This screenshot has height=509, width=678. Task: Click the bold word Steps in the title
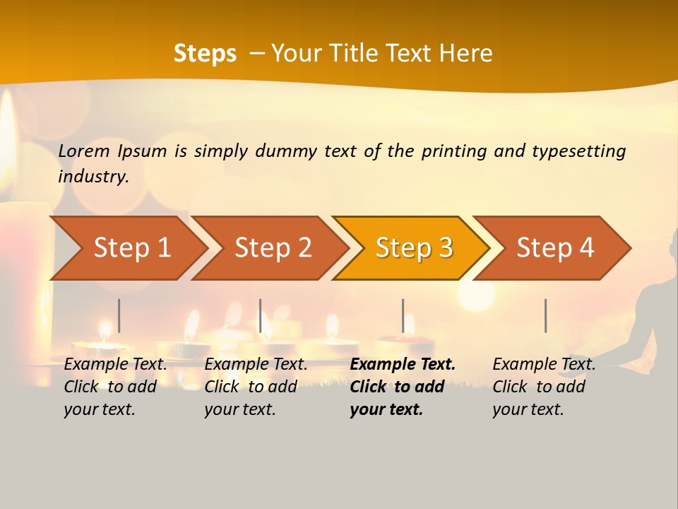click(x=205, y=54)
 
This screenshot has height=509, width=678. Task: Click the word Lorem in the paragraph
click(x=84, y=151)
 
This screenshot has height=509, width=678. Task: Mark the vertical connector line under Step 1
click(x=119, y=315)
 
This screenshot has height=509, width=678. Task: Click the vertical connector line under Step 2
click(x=261, y=315)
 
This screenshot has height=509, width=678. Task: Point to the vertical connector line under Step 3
click(x=403, y=315)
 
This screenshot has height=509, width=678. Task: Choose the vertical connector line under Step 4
click(x=545, y=315)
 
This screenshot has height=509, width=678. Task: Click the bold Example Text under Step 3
click(x=403, y=365)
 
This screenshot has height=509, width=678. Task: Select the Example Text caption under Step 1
click(x=115, y=365)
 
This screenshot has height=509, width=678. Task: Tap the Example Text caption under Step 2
click(x=256, y=365)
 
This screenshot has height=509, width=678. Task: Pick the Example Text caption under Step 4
click(x=544, y=365)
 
